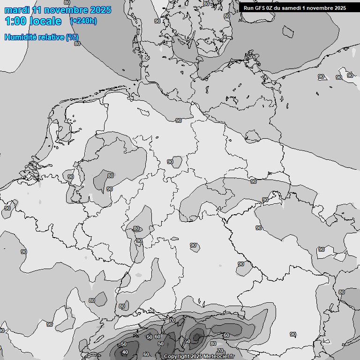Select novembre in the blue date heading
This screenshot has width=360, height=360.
click(68, 10)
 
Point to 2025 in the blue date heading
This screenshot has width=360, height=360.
click(101, 10)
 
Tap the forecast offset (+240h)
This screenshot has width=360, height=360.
click(83, 21)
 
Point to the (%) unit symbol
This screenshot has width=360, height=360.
click(73, 37)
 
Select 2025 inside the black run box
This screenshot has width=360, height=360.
click(339, 8)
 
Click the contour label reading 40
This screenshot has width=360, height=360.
click(125, 352)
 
